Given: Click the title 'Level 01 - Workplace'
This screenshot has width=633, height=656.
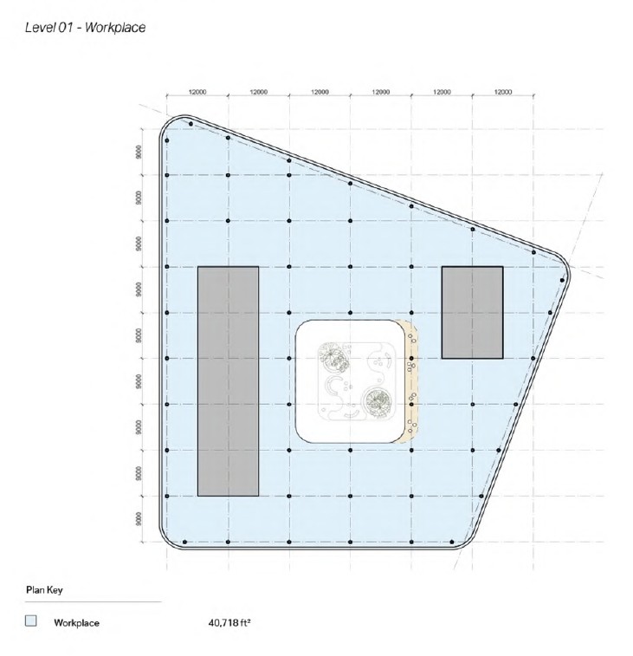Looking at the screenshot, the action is (85, 28).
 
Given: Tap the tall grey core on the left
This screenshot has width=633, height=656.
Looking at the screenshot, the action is (229, 381).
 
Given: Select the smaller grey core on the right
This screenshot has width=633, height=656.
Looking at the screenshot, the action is (473, 313).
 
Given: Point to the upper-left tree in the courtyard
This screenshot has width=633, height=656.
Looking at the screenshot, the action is (333, 357).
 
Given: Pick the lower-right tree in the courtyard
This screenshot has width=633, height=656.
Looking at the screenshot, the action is (378, 402).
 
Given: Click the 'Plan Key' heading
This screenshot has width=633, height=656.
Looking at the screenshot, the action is (44, 590).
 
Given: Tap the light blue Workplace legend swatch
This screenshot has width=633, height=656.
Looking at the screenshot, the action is (31, 620).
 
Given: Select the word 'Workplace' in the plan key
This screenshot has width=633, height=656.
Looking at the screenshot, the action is (76, 622).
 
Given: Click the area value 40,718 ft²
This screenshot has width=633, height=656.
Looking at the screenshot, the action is (229, 622).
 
